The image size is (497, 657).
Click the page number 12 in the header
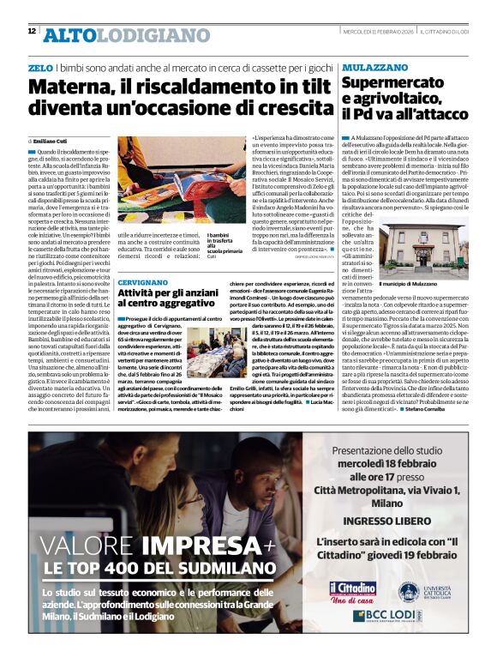click(x=32, y=31)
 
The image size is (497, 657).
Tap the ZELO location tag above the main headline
click(x=39, y=67)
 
